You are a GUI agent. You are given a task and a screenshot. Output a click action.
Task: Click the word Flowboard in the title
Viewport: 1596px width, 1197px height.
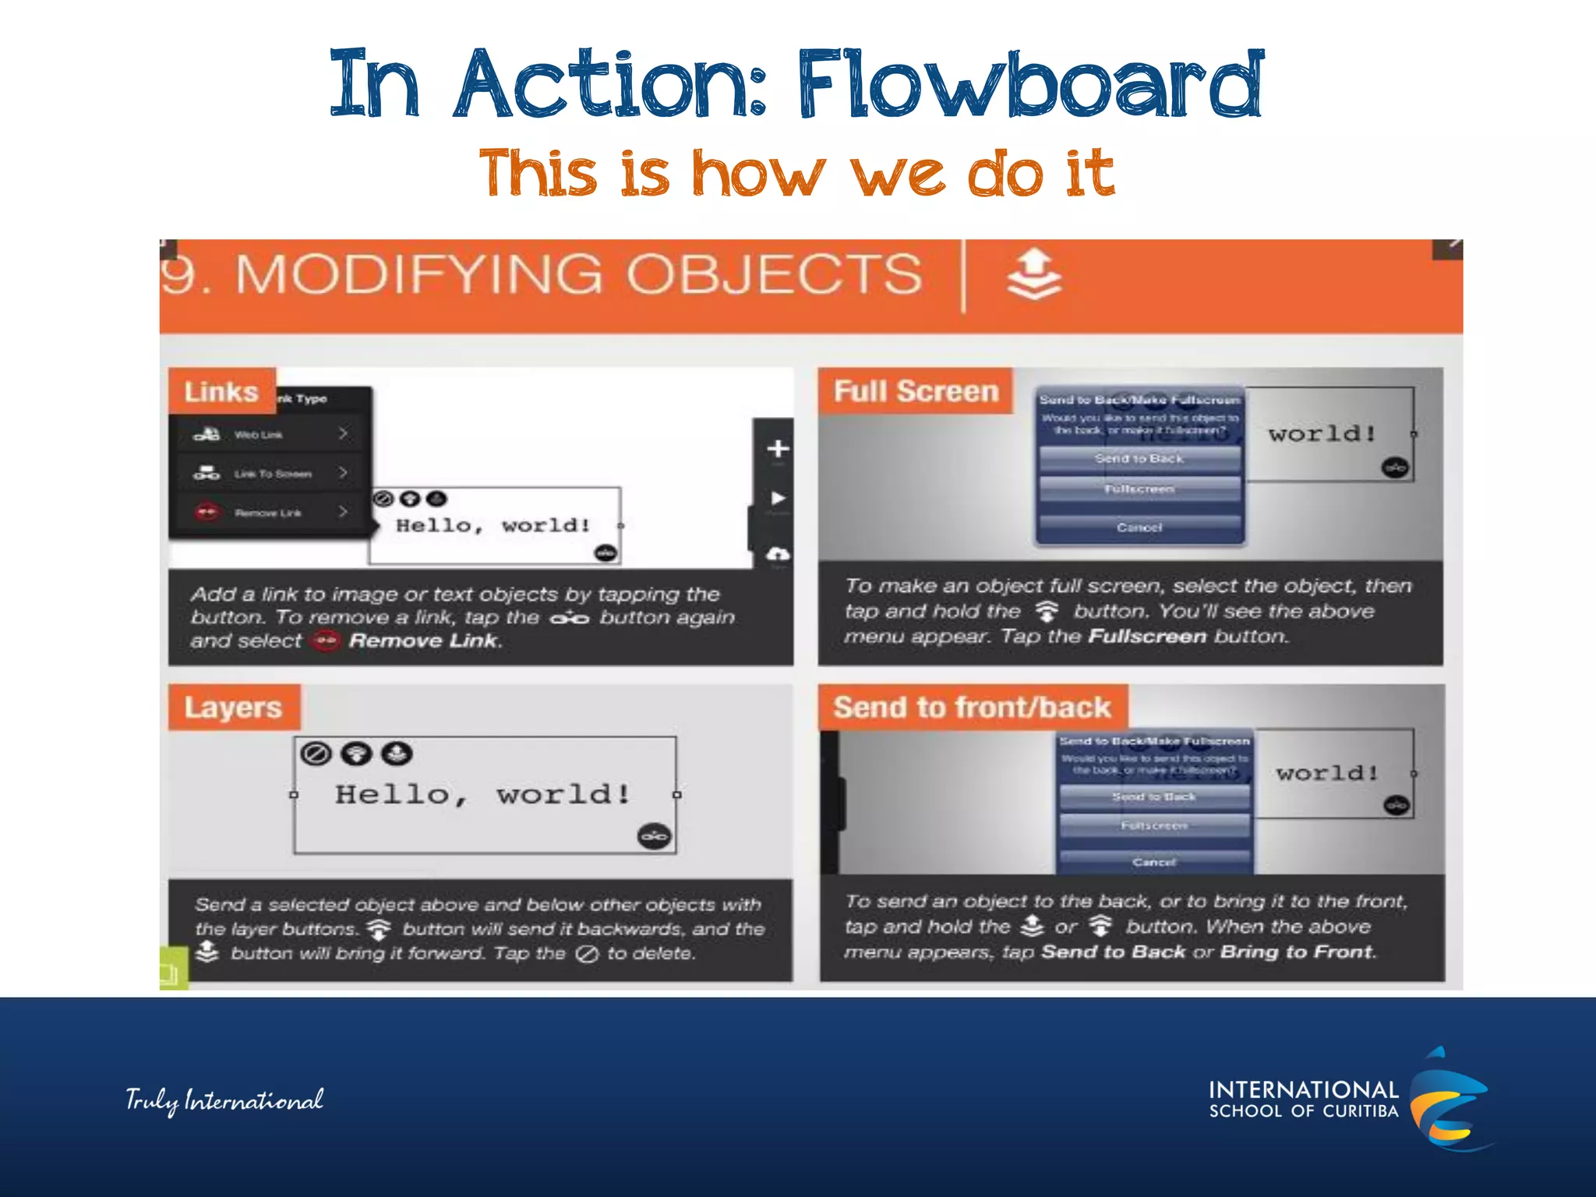pyautogui.click(x=1029, y=84)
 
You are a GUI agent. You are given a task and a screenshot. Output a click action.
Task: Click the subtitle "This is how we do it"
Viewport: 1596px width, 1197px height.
pyautogui.click(x=796, y=173)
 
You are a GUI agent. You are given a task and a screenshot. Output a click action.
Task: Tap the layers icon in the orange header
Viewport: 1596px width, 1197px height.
pyautogui.click(x=1034, y=274)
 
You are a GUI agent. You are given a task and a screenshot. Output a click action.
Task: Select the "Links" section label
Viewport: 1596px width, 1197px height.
pyautogui.click(x=221, y=391)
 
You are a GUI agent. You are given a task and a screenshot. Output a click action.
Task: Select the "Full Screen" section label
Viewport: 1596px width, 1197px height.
pyautogui.click(x=916, y=390)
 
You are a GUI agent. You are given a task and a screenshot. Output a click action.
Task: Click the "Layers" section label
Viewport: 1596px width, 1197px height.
pyautogui.click(x=233, y=708)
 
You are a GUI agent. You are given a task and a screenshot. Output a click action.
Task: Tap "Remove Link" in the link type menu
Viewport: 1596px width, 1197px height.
pyautogui.click(x=269, y=513)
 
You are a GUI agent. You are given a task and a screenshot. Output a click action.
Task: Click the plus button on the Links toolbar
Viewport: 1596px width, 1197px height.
pyautogui.click(x=778, y=449)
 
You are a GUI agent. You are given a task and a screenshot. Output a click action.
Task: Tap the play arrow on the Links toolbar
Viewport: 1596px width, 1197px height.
pyautogui.click(x=778, y=498)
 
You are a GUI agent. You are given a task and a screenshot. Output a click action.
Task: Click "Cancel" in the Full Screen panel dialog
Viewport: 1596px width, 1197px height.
pyautogui.click(x=1139, y=528)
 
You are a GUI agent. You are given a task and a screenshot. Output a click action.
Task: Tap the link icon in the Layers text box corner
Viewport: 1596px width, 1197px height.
pyautogui.click(x=655, y=836)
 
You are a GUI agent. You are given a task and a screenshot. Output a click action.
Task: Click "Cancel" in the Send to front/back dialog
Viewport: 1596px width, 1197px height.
pyautogui.click(x=1154, y=862)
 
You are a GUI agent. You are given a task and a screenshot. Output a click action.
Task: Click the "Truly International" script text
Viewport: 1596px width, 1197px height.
pyautogui.click(x=224, y=1100)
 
